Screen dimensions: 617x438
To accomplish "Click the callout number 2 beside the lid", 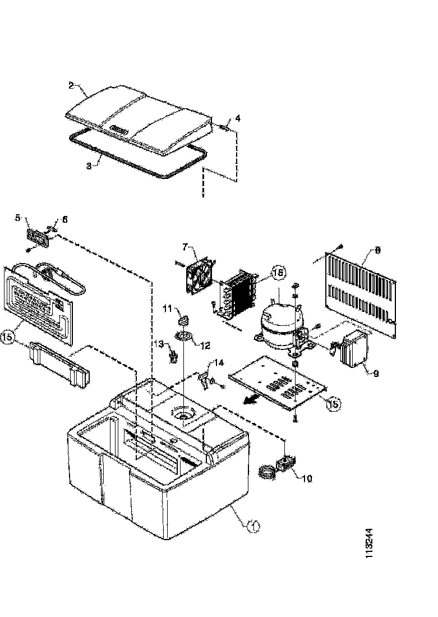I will tap(71, 85).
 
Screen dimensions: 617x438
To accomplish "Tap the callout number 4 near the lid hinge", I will tap(237, 118).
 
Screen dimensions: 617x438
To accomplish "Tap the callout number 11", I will tap(167, 308).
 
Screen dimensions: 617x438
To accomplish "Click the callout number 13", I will tap(159, 344).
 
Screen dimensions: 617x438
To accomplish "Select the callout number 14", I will tap(219, 363).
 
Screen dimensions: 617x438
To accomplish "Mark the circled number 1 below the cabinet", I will tap(253, 526).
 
